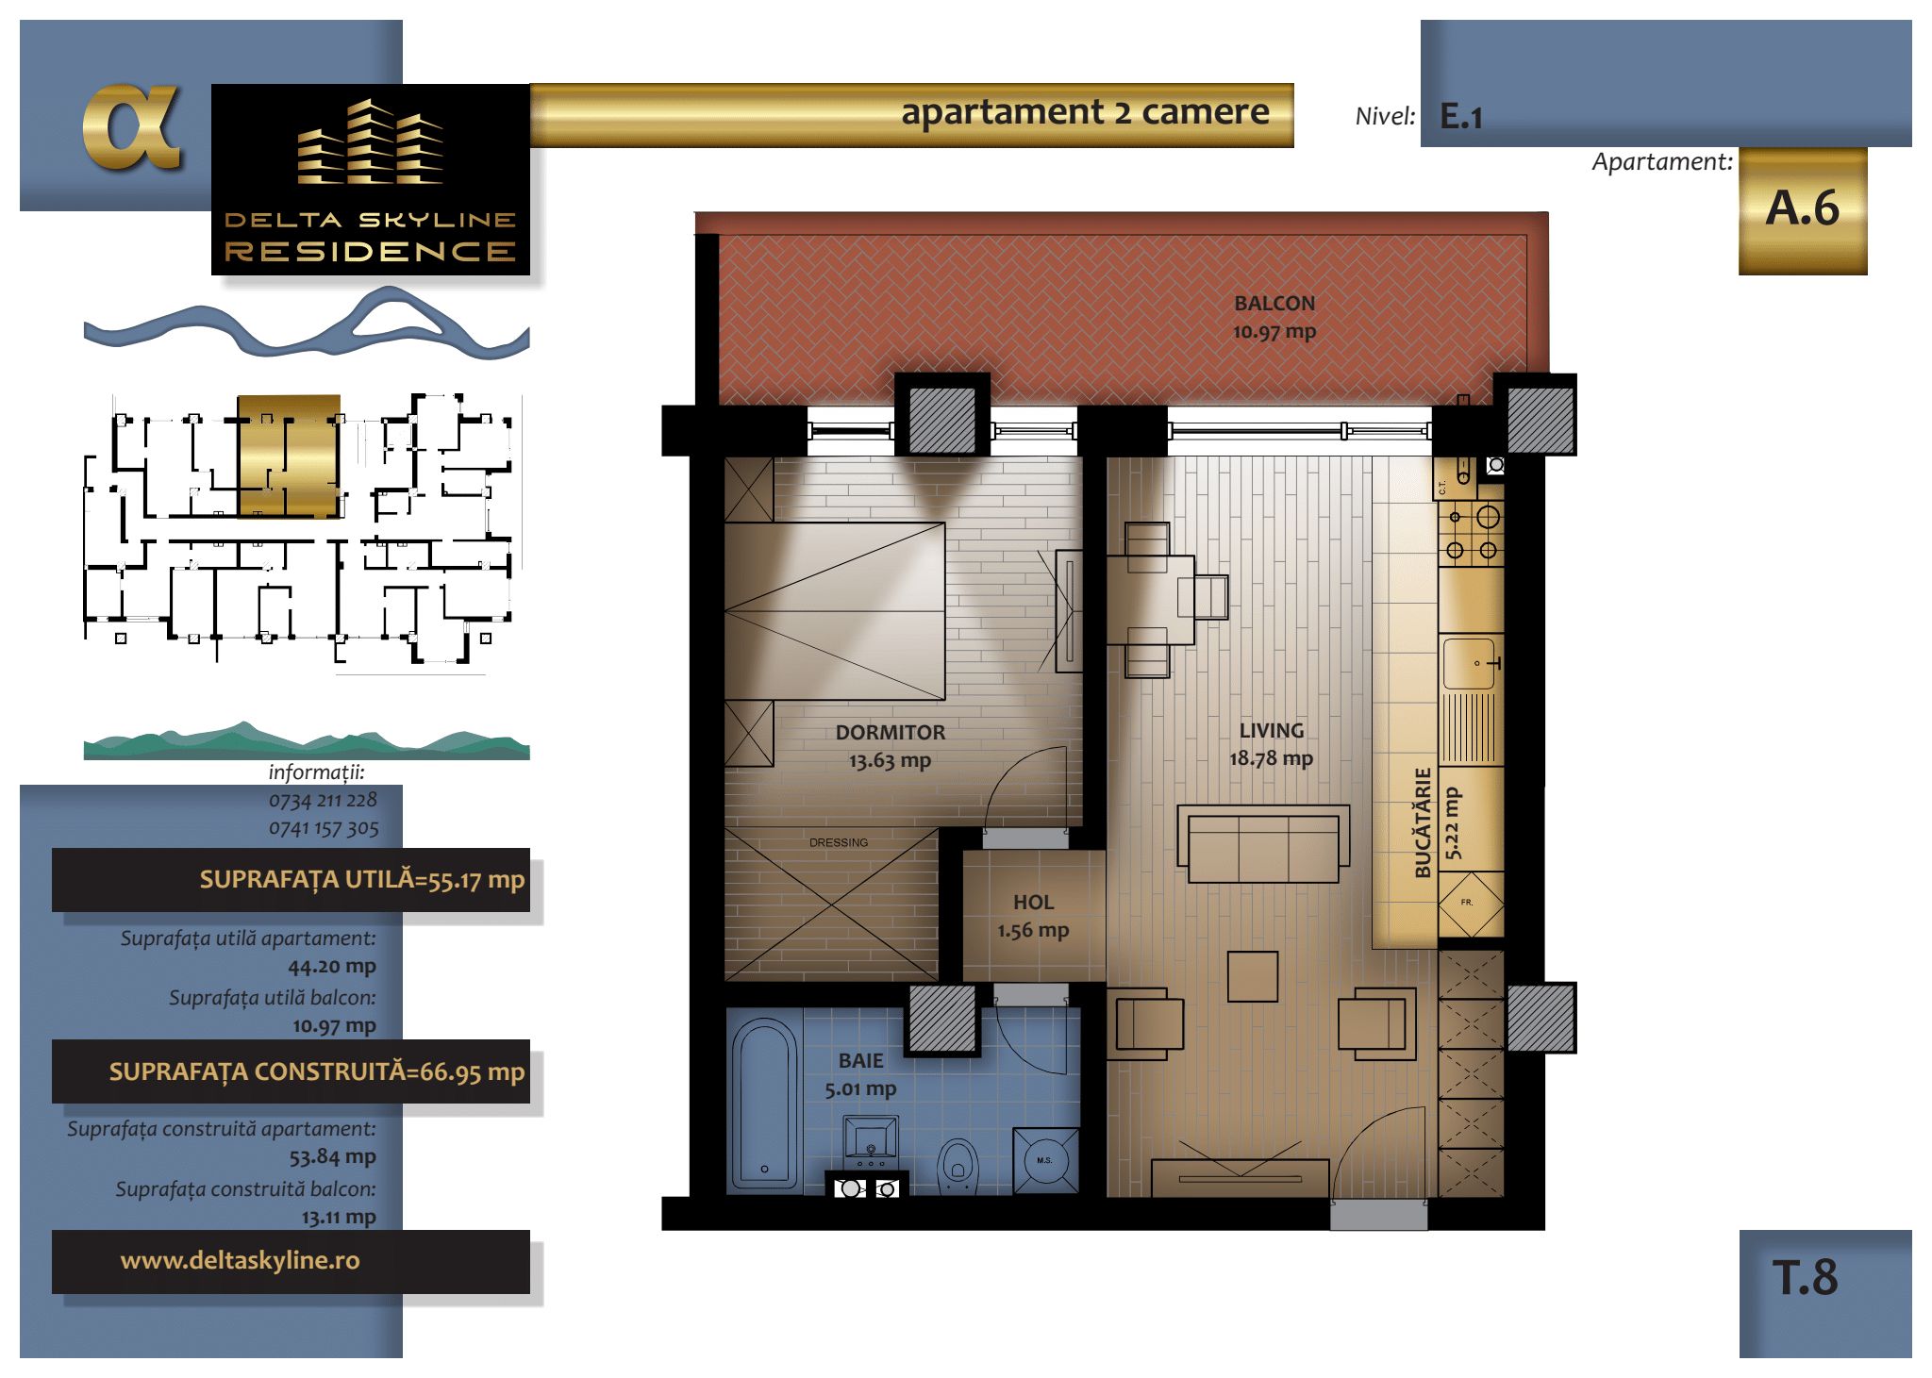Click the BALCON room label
coord(1274,304)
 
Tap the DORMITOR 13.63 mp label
coord(890,746)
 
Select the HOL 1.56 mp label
coord(1033,916)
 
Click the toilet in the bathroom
coord(958,1166)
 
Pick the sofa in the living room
coord(1263,843)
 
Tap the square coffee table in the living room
coord(1253,976)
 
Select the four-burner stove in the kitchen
coord(1471,533)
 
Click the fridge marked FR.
coord(1471,905)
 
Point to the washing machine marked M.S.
coord(1045,1160)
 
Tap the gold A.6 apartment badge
coord(1803,210)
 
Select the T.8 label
coord(1805,1278)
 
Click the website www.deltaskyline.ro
coord(240,1260)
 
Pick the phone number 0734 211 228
coord(323,800)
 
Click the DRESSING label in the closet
coord(839,842)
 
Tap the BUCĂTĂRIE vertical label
coord(1423,822)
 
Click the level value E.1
coord(1461,117)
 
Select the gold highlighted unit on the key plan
coord(288,456)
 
